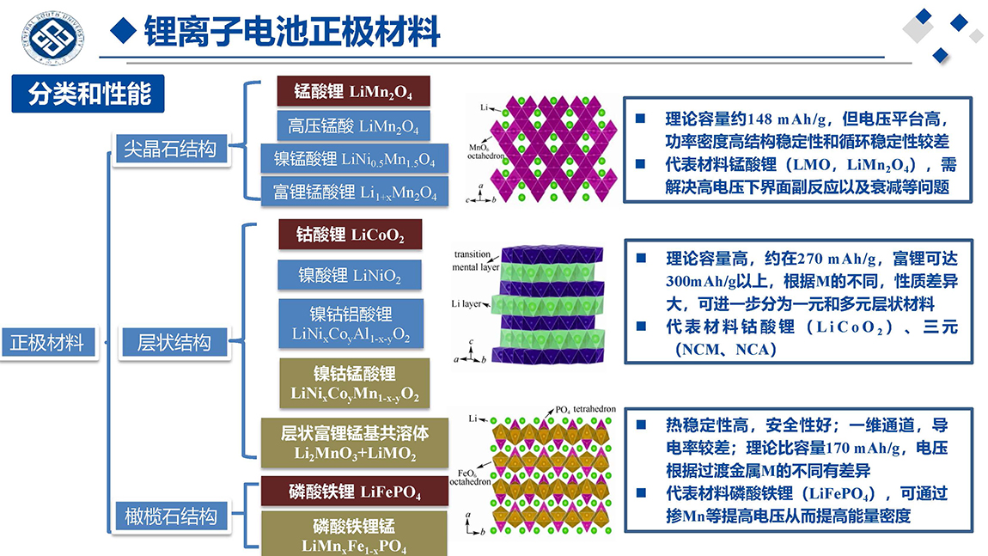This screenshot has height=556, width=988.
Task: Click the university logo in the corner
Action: [x=53, y=37]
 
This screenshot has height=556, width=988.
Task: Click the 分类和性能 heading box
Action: [x=88, y=94]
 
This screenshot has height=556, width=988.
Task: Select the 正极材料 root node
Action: [x=48, y=343]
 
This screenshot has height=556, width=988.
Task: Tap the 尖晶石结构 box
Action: [x=170, y=150]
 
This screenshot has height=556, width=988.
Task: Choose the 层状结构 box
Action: [x=174, y=343]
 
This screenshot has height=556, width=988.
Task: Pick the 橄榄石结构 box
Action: [x=171, y=517]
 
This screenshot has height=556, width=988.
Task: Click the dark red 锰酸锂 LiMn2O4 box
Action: [x=353, y=91]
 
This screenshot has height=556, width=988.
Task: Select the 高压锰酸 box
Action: [x=353, y=126]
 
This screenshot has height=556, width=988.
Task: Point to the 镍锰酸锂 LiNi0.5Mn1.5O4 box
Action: [x=355, y=158]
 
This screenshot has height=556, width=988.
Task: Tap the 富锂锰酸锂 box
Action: [x=355, y=192]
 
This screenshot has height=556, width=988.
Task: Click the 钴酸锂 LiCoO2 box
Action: [x=351, y=235]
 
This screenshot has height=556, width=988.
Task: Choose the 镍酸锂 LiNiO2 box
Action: [x=350, y=275]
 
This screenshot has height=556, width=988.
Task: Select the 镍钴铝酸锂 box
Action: [x=351, y=324]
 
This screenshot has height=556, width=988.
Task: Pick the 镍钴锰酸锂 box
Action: [x=355, y=383]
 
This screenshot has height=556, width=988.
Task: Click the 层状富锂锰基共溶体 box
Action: [x=355, y=443]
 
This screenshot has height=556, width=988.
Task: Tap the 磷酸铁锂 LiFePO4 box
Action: [x=355, y=492]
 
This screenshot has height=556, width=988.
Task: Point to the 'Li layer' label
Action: [x=467, y=304]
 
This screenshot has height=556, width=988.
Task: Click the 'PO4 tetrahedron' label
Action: [x=585, y=409]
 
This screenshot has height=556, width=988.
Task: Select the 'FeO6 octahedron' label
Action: [x=470, y=477]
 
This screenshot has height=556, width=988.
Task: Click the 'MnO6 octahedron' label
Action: [x=485, y=151]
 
